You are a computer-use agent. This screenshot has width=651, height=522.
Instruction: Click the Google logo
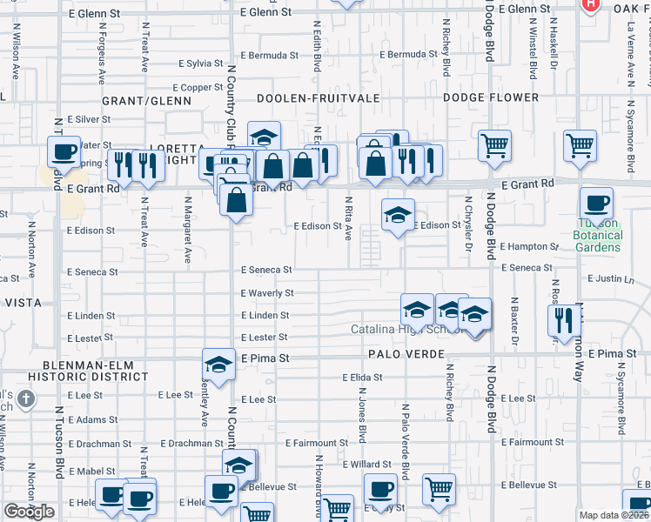pos(29,512)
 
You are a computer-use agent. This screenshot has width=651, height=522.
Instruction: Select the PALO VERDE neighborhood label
pos(406,354)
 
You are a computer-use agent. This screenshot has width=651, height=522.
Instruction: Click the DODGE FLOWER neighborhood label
pos(491,98)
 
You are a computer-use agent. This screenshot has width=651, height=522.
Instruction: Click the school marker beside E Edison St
pos(398,215)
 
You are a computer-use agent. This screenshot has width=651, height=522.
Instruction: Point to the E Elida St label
pos(362,378)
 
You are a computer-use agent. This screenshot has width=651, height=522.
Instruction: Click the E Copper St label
pos(198,88)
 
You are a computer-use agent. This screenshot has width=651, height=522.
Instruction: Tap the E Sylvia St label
pos(201,64)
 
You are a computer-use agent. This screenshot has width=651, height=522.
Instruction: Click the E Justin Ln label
pos(614,279)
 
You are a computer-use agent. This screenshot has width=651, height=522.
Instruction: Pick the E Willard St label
pos(371,465)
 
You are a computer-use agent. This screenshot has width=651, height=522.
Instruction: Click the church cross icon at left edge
pos(26,398)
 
